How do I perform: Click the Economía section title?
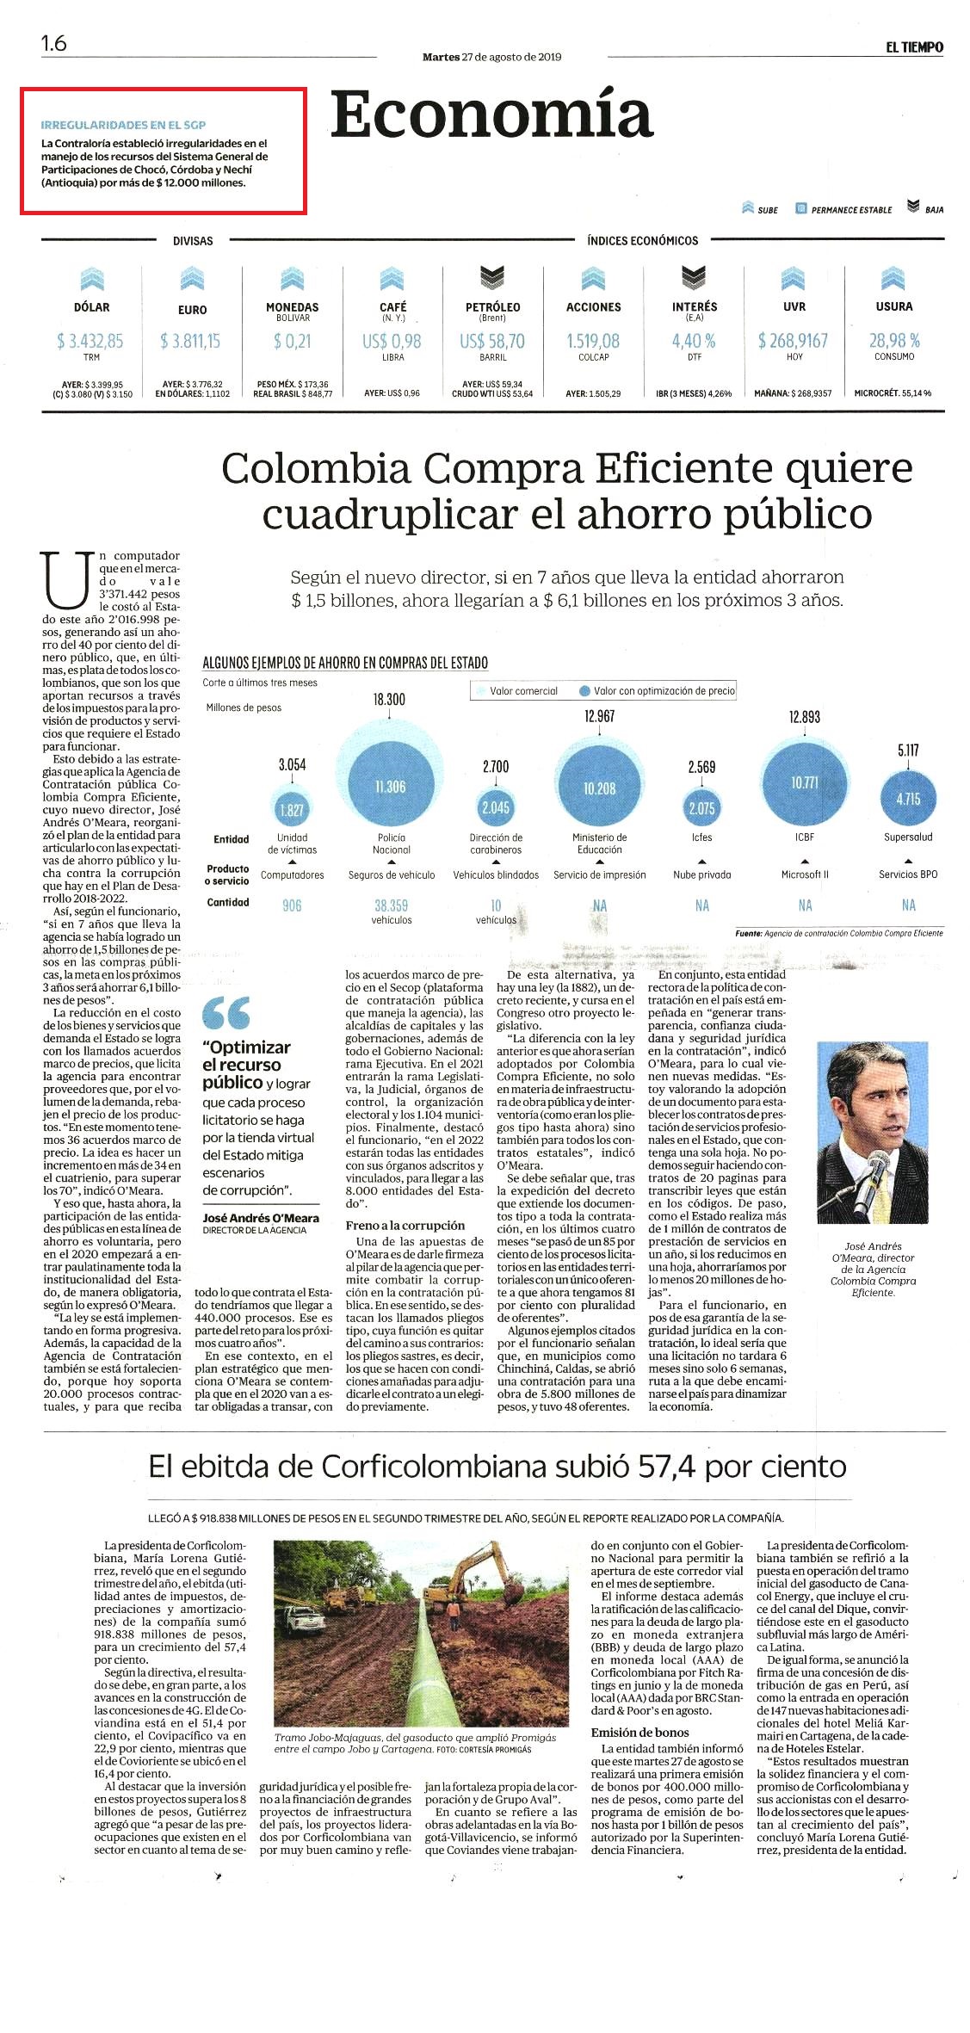491,114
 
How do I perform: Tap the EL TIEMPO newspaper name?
914,47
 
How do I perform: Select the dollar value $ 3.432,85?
90,341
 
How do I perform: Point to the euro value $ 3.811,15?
190,341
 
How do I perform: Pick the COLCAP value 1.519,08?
593,341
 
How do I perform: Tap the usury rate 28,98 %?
894,341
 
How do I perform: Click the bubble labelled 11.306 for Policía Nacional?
390,787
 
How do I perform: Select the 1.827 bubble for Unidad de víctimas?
292,810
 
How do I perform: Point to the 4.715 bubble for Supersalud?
908,799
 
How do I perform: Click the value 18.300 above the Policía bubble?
389,700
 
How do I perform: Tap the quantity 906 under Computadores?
292,905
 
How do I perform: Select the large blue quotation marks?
226,1013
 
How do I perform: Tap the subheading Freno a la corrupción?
405,1225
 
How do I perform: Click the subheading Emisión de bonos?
639,1732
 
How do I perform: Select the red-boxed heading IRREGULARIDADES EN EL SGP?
123,125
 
